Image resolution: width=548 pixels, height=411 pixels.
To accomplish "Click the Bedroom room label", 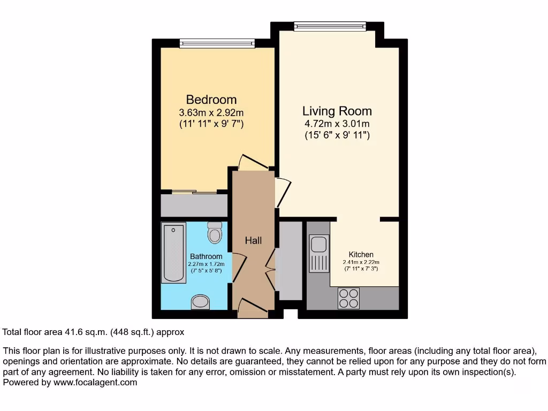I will click(x=211, y=100).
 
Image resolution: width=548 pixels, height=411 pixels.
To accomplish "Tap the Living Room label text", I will click(x=337, y=111).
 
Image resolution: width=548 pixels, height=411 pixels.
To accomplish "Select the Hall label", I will click(x=253, y=241).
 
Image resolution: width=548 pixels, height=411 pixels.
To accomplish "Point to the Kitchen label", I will click(x=361, y=254).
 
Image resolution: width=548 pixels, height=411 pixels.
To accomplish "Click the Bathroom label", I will click(x=206, y=257).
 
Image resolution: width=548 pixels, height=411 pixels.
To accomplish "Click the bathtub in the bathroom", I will click(x=173, y=253).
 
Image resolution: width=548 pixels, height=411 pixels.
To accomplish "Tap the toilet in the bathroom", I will click(x=215, y=232).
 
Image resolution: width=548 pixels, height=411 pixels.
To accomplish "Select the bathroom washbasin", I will click(x=201, y=302).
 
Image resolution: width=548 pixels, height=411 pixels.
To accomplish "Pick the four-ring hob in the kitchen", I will click(x=348, y=299).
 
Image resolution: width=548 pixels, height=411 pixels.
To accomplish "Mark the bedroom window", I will click(x=217, y=43).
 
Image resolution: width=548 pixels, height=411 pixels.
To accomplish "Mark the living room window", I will click(x=330, y=26).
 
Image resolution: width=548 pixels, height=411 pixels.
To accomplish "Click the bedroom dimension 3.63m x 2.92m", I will click(x=211, y=113).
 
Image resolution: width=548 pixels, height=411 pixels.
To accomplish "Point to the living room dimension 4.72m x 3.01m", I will click(x=337, y=124).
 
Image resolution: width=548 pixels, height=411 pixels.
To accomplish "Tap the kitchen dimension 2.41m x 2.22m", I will click(x=361, y=262).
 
